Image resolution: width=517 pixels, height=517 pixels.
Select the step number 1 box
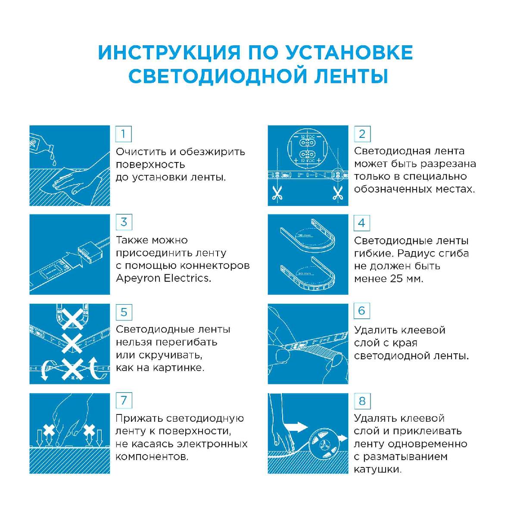pyautogui.click(x=124, y=134)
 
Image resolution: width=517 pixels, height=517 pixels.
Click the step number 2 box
pyautogui.click(x=362, y=134)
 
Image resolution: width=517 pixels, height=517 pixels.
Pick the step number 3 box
pyautogui.click(x=124, y=222)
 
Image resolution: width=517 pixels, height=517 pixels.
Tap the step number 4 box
pyautogui.click(x=362, y=223)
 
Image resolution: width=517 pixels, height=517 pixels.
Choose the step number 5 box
pyautogui.click(x=124, y=312)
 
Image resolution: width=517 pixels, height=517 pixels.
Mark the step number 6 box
pyautogui.click(x=362, y=311)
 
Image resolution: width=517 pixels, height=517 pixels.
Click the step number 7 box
pyautogui.click(x=124, y=401)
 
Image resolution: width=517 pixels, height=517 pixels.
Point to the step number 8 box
pyautogui.click(x=362, y=401)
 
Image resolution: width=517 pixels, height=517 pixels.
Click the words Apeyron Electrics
pyautogui.click(x=163, y=278)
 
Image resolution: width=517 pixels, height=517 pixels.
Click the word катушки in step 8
pyautogui.click(x=377, y=469)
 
